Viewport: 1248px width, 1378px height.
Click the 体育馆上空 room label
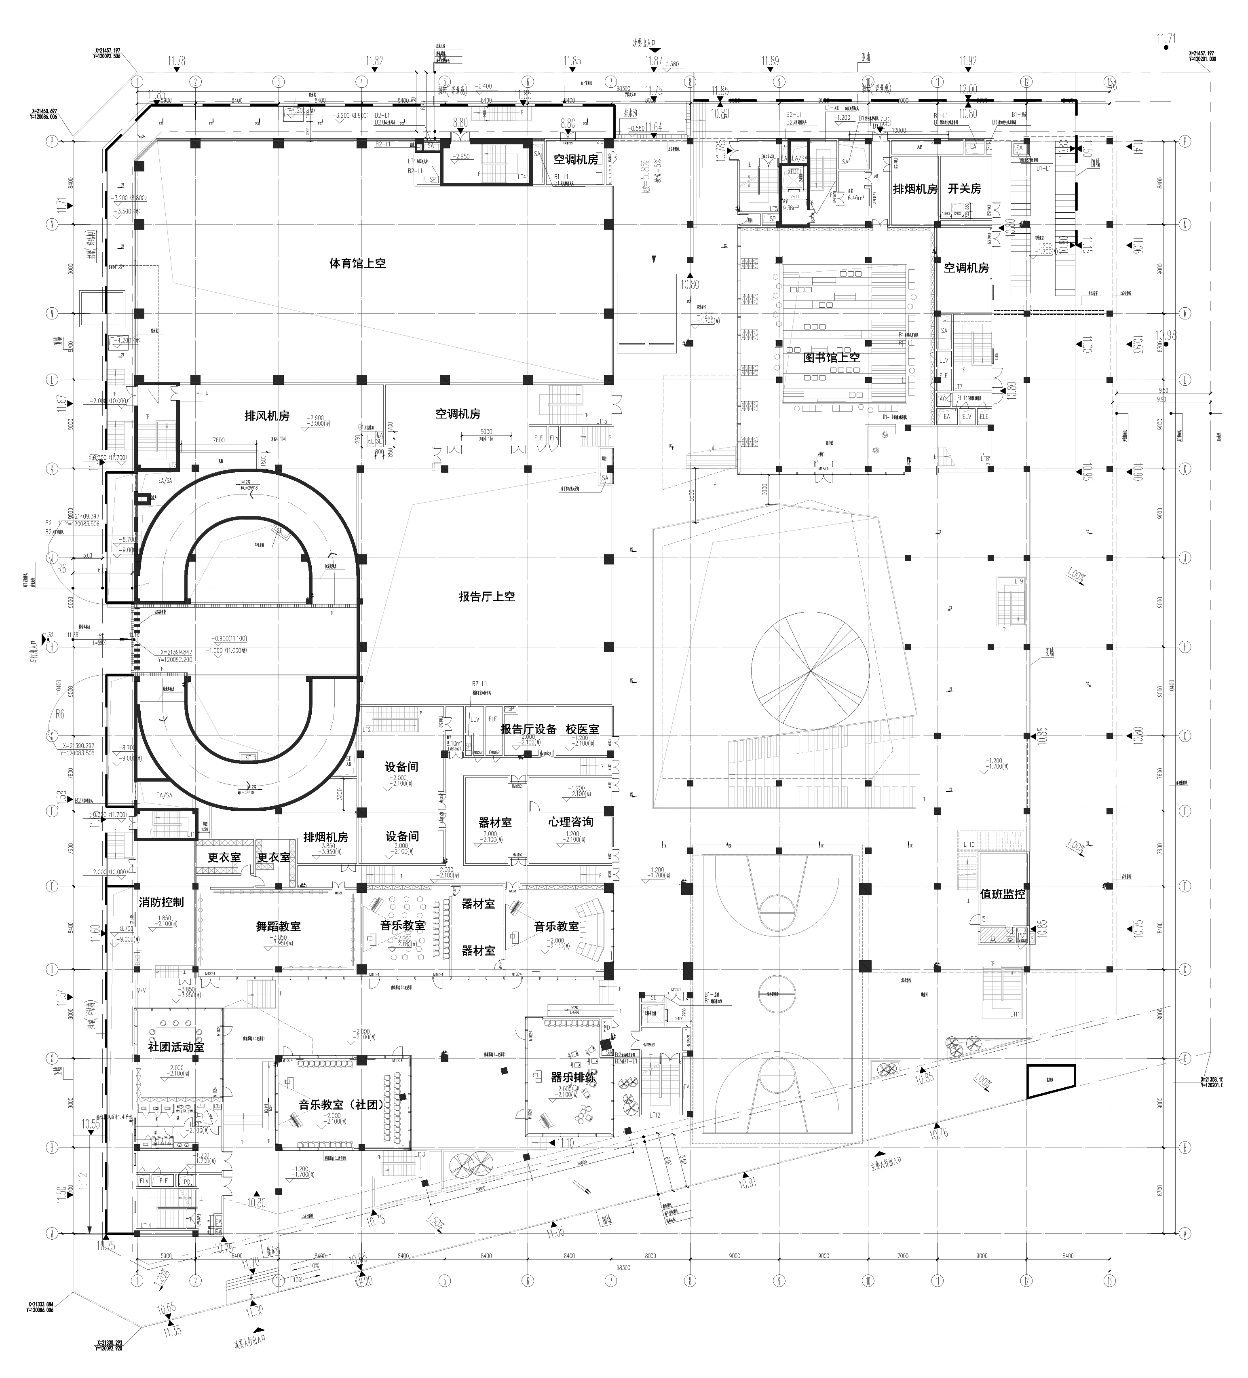[357, 263]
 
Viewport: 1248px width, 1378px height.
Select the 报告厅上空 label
[487, 596]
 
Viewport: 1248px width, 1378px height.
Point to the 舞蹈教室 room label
[278, 926]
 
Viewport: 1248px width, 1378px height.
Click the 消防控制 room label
[161, 902]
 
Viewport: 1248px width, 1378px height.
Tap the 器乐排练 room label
[573, 1077]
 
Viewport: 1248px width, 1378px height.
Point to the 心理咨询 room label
[570, 822]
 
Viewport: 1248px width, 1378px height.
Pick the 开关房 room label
[964, 189]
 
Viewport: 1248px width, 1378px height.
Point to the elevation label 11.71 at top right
[1166, 40]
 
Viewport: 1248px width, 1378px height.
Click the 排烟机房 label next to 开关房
[914, 189]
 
